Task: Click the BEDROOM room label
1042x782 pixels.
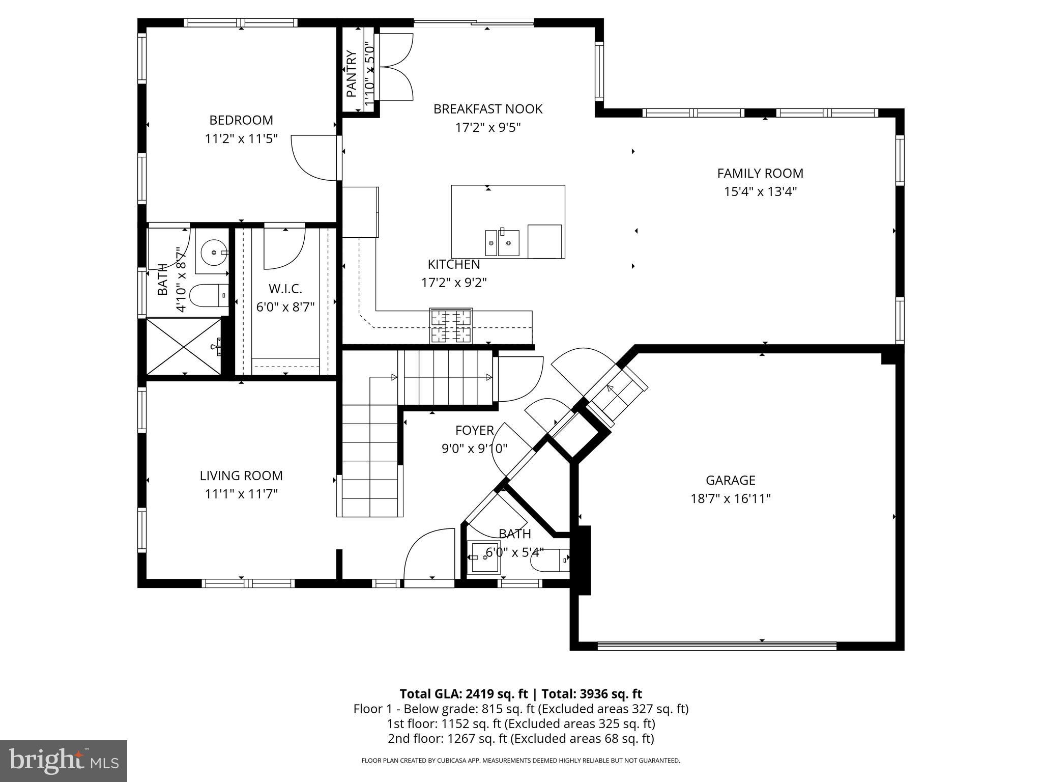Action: click(x=241, y=120)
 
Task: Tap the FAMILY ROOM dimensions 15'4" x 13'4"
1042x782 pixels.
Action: click(x=760, y=192)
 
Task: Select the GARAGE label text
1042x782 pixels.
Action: click(x=730, y=480)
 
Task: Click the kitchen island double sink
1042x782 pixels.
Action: click(x=502, y=242)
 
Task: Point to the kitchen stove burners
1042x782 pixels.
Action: click(x=451, y=326)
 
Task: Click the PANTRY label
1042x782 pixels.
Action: click(x=352, y=74)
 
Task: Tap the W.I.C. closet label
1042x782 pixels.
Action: click(x=285, y=289)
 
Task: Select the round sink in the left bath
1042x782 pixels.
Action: click(x=212, y=252)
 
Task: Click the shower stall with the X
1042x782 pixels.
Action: click(x=184, y=346)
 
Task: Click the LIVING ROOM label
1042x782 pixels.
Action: click(x=241, y=476)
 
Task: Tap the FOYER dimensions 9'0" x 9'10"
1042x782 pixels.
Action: click(x=474, y=449)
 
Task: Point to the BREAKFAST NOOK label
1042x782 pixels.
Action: click(x=487, y=109)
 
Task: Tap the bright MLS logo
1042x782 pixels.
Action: click(x=64, y=761)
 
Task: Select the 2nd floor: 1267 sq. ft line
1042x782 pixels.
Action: click(x=520, y=738)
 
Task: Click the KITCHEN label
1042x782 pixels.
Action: click(x=453, y=264)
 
